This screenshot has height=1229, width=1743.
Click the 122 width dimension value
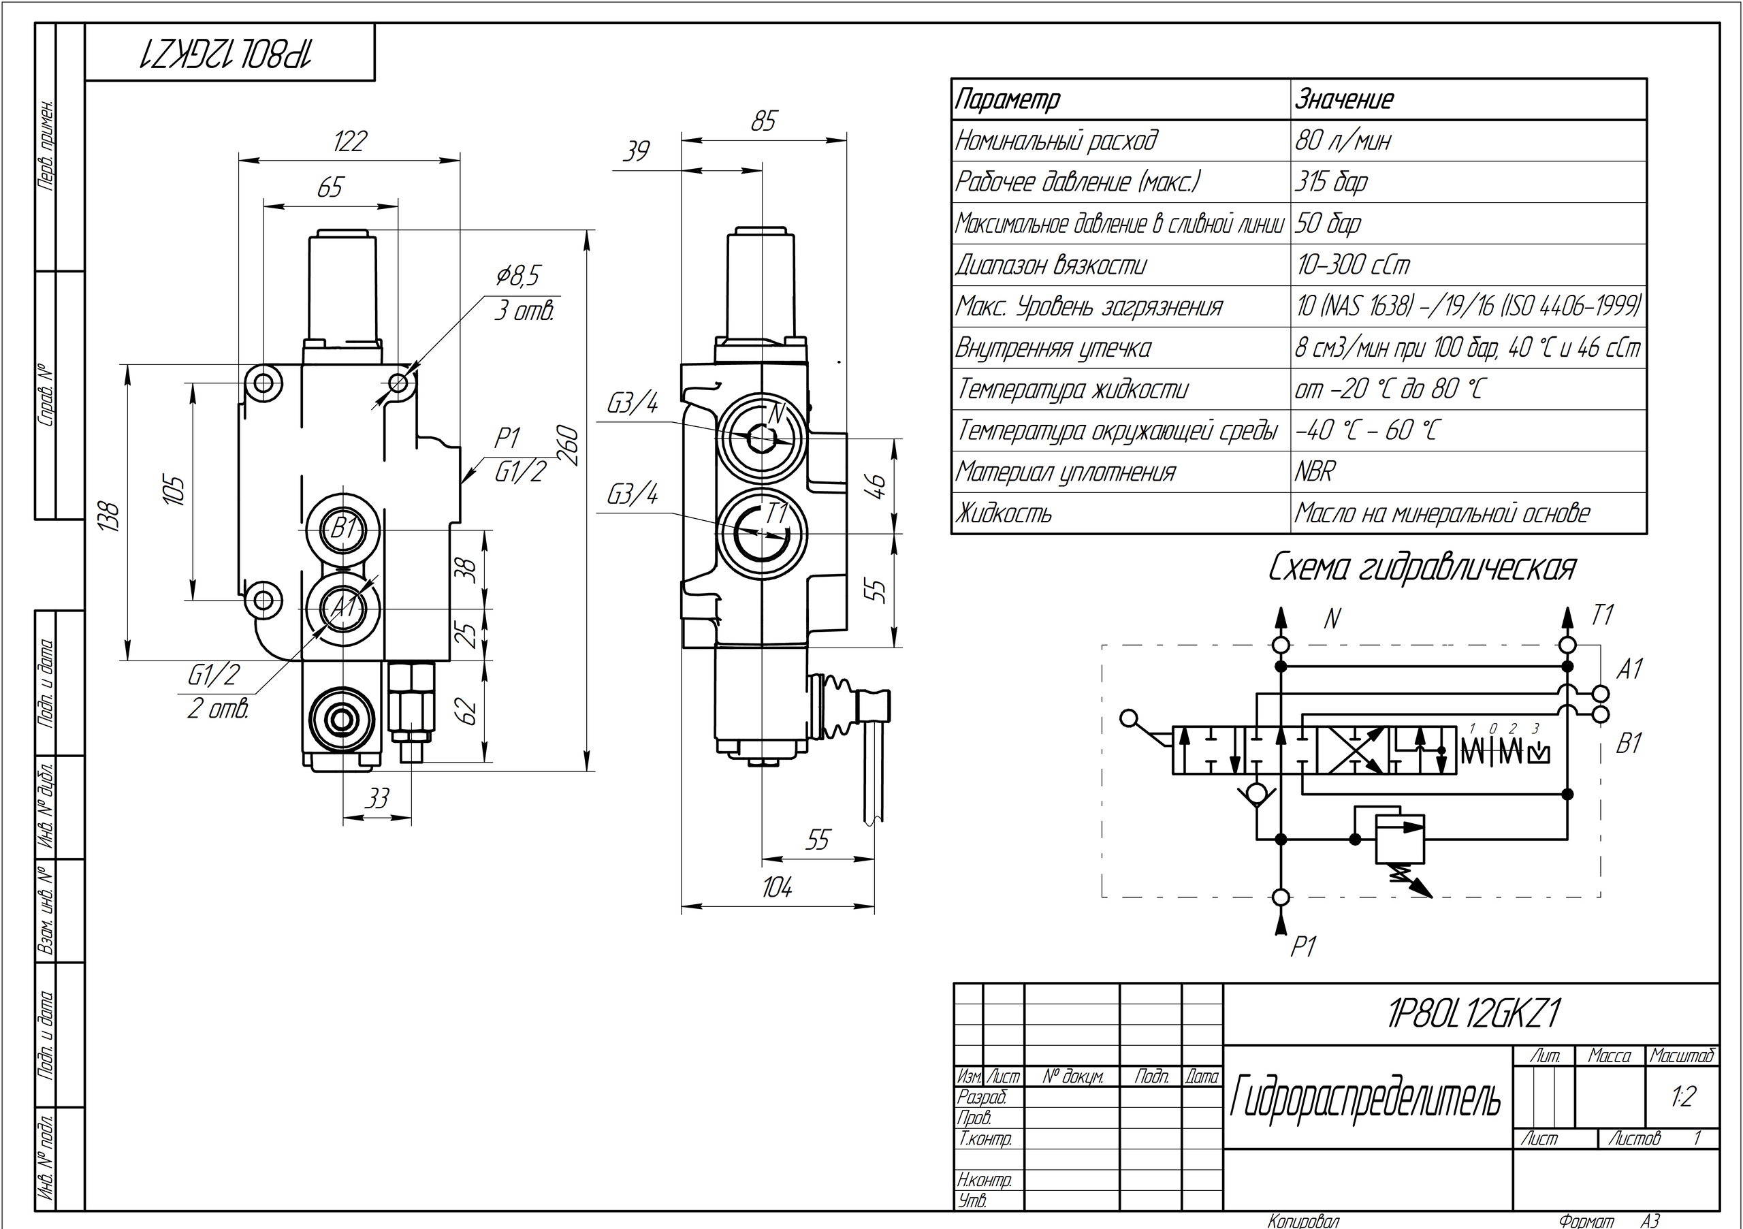click(350, 141)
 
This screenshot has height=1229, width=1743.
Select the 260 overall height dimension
click(569, 447)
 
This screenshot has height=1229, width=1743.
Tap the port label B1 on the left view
click(345, 527)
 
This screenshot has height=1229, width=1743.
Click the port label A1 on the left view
click(345, 607)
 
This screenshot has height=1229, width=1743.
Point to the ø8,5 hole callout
click(517, 276)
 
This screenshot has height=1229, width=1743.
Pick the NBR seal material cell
click(1315, 472)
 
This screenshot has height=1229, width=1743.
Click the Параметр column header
click(1008, 99)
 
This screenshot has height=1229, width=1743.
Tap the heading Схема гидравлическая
click(1422, 568)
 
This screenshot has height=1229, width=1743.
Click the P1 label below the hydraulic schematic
click(1302, 946)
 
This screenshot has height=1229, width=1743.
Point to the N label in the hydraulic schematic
click(1332, 620)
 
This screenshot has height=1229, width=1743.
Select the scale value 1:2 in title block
click(1682, 1097)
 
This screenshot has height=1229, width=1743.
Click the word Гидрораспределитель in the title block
click(1365, 1098)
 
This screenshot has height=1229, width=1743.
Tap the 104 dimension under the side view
click(778, 887)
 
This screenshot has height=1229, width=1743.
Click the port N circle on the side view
click(762, 437)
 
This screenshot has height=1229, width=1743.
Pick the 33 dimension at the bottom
click(377, 798)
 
